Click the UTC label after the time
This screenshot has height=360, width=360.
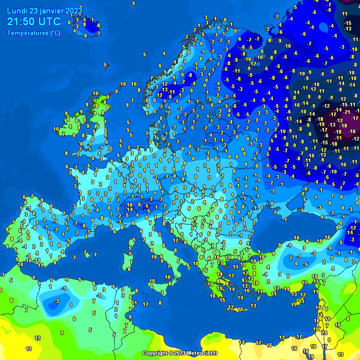(x=49, y=22)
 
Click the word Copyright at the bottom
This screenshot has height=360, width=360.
(x=155, y=353)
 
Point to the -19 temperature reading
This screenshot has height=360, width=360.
(x=321, y=125)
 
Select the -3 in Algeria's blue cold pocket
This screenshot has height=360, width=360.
(x=56, y=300)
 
